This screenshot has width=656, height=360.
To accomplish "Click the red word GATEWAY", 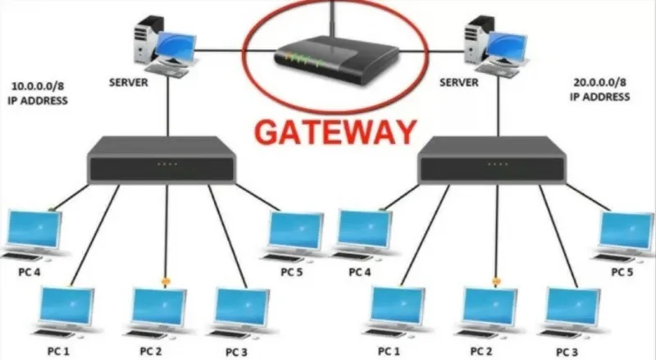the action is point(335,132).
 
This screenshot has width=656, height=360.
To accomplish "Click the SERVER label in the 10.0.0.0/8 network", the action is point(129,83).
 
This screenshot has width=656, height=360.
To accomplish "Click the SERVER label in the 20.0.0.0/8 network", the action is point(458,83).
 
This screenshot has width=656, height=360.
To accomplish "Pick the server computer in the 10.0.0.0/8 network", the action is point(165,46).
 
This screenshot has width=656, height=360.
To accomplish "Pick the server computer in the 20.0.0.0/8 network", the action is point(495,46).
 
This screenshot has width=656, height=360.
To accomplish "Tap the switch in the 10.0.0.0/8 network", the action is point(162,160).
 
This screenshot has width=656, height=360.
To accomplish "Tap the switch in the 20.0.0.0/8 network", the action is point(493,160).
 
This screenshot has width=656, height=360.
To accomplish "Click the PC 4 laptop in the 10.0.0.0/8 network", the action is point(34,235).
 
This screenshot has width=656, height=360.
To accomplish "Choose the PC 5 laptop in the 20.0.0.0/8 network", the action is point(624,235).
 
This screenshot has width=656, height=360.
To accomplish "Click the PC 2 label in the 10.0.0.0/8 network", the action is point(151,351).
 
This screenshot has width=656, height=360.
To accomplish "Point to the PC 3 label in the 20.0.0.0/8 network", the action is point(567,352).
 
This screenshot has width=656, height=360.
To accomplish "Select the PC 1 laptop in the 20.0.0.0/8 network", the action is point(395,312).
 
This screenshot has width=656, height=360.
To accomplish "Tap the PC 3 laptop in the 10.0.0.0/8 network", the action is point(240,312).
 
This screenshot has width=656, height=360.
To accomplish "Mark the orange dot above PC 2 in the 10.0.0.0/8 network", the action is point(166,282).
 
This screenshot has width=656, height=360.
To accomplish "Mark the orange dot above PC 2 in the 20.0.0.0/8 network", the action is point(497,282).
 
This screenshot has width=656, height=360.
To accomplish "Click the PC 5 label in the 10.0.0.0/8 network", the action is point(292,272).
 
